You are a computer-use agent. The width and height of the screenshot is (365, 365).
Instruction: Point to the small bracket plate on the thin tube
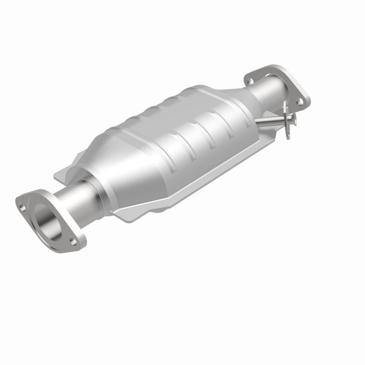(x=287, y=119)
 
